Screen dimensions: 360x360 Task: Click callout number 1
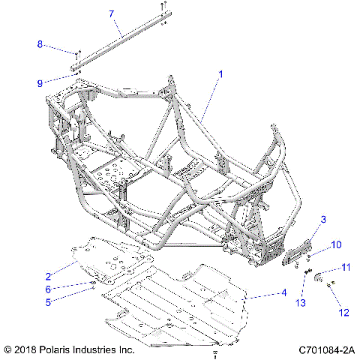coord(220,75)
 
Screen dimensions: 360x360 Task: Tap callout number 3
coord(323,219)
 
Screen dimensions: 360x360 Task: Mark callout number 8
coord(40,45)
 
